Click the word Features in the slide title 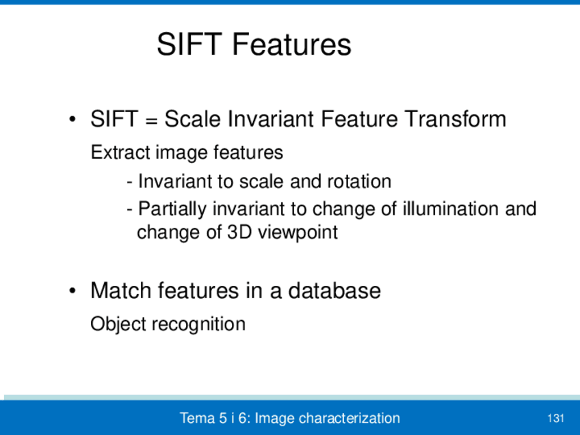[291, 44]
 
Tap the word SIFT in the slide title [189, 44]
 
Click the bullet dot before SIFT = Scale [72, 120]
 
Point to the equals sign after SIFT [152, 121]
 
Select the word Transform [455, 119]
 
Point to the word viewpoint [298, 233]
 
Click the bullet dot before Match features [72, 291]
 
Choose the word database [334, 291]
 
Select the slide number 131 [555, 419]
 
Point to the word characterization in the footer [350, 418]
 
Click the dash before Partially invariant [129, 211]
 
